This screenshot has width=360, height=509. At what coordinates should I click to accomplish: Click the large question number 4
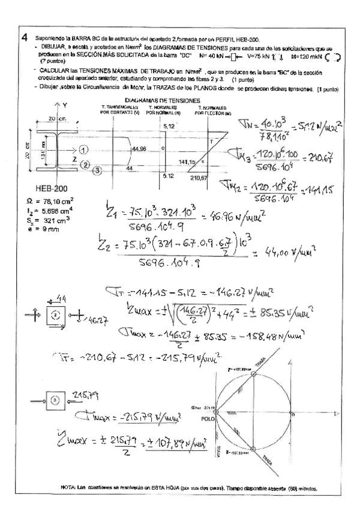[x=23, y=37]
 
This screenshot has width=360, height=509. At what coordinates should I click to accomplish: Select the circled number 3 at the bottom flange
[x=97, y=170]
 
